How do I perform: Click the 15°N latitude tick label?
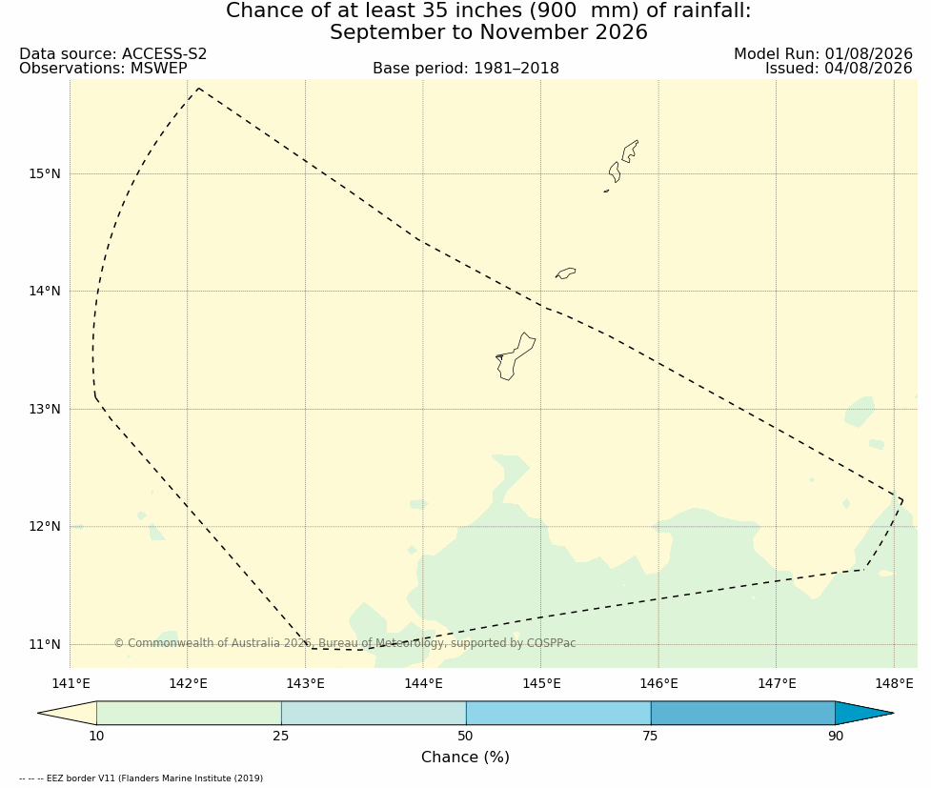coord(45,174)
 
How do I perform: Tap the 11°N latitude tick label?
coord(45,644)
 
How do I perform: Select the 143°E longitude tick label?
coord(305,683)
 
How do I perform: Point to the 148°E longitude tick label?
coord(894,683)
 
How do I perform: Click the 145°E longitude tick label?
coord(541,683)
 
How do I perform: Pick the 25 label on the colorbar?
coord(281,737)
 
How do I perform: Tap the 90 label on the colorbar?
coord(836,737)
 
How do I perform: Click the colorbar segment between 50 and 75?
coord(558,713)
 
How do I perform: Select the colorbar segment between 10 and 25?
coord(189,713)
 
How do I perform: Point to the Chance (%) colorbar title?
coord(465,758)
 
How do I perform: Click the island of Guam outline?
coord(515,357)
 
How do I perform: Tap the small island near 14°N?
coord(565,273)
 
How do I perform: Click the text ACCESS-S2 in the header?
coord(165,54)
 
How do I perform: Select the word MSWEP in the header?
coord(158,69)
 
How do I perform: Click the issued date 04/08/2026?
coord(868,69)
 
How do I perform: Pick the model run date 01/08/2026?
coord(868,54)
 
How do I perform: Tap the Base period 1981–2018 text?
coord(466,69)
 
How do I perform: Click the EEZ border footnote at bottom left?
coord(141,778)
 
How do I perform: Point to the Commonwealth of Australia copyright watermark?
coord(344,643)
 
